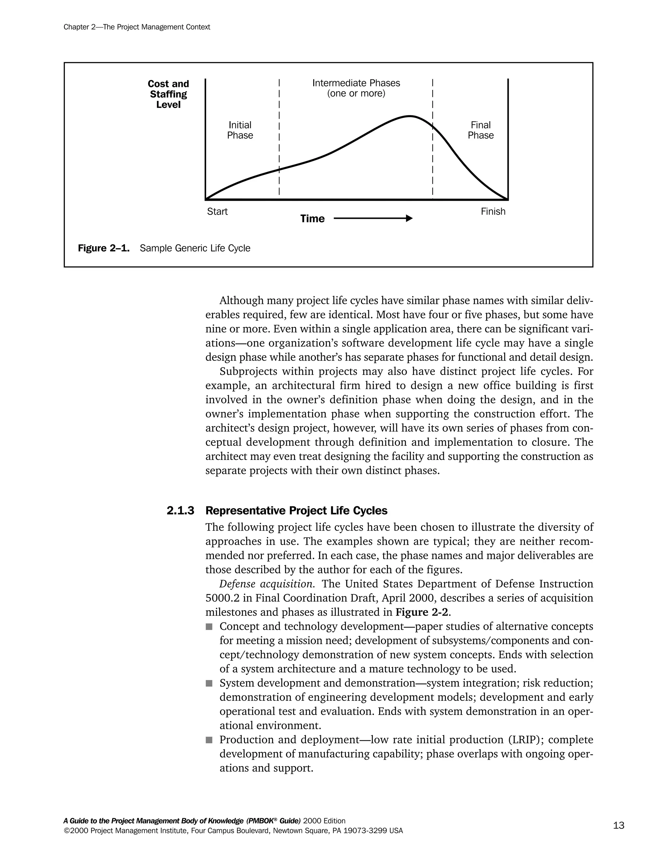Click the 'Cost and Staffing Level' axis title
point(168,94)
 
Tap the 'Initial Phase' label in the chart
point(240,130)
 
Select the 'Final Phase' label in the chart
point(480,130)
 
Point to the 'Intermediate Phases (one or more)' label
point(356,88)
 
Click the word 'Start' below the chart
point(217,211)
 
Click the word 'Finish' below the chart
point(493,211)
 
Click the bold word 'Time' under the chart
point(312,219)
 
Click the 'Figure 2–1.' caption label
point(104,248)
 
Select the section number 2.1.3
point(180,511)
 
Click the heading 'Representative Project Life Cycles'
point(296,511)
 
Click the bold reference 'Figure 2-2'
point(422,612)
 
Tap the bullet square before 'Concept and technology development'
point(209,627)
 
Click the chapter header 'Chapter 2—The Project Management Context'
point(137,27)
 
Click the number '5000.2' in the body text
point(222,598)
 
